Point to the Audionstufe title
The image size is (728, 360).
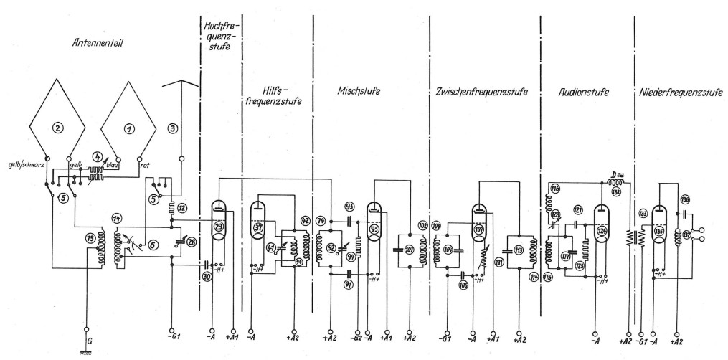click(583, 93)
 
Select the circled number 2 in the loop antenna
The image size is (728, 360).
click(60, 128)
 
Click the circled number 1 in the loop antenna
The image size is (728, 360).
click(129, 128)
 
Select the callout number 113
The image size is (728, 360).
click(518, 251)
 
